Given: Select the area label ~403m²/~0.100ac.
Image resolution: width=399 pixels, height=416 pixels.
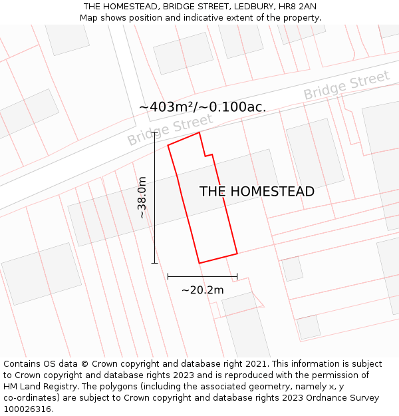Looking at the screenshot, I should click(202, 107).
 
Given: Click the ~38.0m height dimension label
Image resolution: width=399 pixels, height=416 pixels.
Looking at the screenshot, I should click(142, 198).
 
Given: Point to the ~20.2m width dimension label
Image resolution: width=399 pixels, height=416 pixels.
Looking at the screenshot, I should click(202, 290).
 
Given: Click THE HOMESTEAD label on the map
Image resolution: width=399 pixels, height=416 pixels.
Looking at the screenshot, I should click(257, 192).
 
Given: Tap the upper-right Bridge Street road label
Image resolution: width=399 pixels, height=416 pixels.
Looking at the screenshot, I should click(346, 86).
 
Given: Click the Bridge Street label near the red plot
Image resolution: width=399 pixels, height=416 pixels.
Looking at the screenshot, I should click(170, 130).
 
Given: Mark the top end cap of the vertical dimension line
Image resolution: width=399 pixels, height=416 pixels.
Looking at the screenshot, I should click(154, 132).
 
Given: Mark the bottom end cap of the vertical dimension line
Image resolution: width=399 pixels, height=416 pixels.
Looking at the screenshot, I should click(154, 263).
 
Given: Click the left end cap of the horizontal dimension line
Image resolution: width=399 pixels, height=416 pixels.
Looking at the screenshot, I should click(168, 276).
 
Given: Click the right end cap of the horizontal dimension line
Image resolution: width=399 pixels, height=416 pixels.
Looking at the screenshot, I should click(237, 276).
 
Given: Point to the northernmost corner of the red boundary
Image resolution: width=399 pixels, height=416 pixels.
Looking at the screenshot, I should click(199, 132).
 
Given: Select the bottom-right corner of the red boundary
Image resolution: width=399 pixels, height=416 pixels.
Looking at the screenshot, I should click(237, 254).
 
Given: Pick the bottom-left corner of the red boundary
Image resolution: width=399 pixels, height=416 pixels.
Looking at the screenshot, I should click(199, 263).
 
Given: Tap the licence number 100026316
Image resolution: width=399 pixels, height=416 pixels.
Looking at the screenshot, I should click(26, 409).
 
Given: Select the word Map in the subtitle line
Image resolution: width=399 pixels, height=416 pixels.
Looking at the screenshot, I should click(89, 18).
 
